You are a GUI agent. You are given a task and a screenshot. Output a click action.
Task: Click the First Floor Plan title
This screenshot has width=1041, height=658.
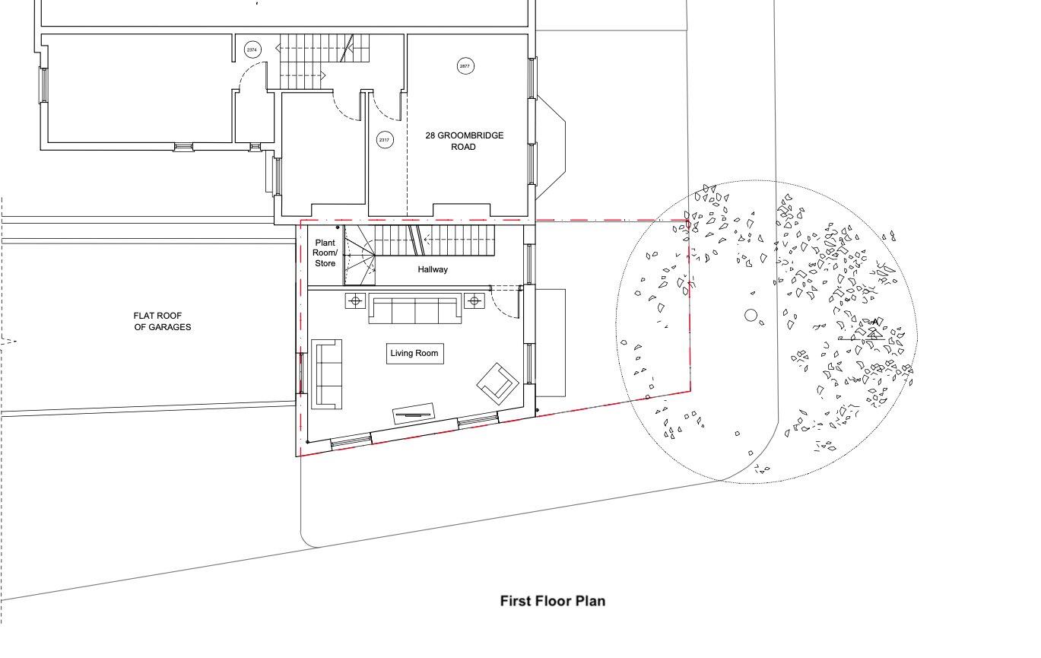(553, 601)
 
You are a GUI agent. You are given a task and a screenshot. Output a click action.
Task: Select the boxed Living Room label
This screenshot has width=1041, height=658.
(415, 354)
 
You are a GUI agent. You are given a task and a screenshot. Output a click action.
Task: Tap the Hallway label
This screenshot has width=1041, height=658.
(433, 269)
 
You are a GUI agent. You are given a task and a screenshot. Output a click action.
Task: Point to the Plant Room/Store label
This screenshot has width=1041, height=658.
(325, 253)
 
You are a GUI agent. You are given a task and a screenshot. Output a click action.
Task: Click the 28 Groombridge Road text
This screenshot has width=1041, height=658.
(465, 141)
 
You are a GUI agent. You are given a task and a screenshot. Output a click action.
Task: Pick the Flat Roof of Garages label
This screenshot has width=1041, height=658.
(162, 321)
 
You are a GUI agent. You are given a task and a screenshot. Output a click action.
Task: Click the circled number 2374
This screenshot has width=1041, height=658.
(252, 49)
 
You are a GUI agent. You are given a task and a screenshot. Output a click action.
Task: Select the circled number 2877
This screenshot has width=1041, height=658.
(465, 66)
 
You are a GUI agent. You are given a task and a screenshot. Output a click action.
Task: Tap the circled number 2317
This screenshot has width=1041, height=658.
(384, 139)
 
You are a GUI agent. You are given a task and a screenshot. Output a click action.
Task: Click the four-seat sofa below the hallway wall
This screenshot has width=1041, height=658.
(415, 308)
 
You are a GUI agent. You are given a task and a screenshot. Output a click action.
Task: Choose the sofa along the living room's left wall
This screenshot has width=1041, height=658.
(326, 374)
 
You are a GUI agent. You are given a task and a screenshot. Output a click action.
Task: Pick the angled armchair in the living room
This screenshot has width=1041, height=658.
(498, 383)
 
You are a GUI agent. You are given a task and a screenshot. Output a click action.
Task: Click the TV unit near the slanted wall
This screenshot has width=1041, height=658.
(414, 413)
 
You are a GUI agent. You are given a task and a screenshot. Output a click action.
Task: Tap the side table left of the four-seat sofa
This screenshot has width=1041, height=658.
(356, 301)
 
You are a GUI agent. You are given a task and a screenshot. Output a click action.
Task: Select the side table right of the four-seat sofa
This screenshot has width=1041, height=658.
(474, 301)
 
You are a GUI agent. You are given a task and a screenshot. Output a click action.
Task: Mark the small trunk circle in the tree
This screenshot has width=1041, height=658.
(751, 315)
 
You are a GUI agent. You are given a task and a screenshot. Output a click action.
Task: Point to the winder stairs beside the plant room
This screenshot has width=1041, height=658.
(359, 256)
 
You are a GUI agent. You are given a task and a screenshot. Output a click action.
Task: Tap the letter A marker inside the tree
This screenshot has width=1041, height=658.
(875, 322)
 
